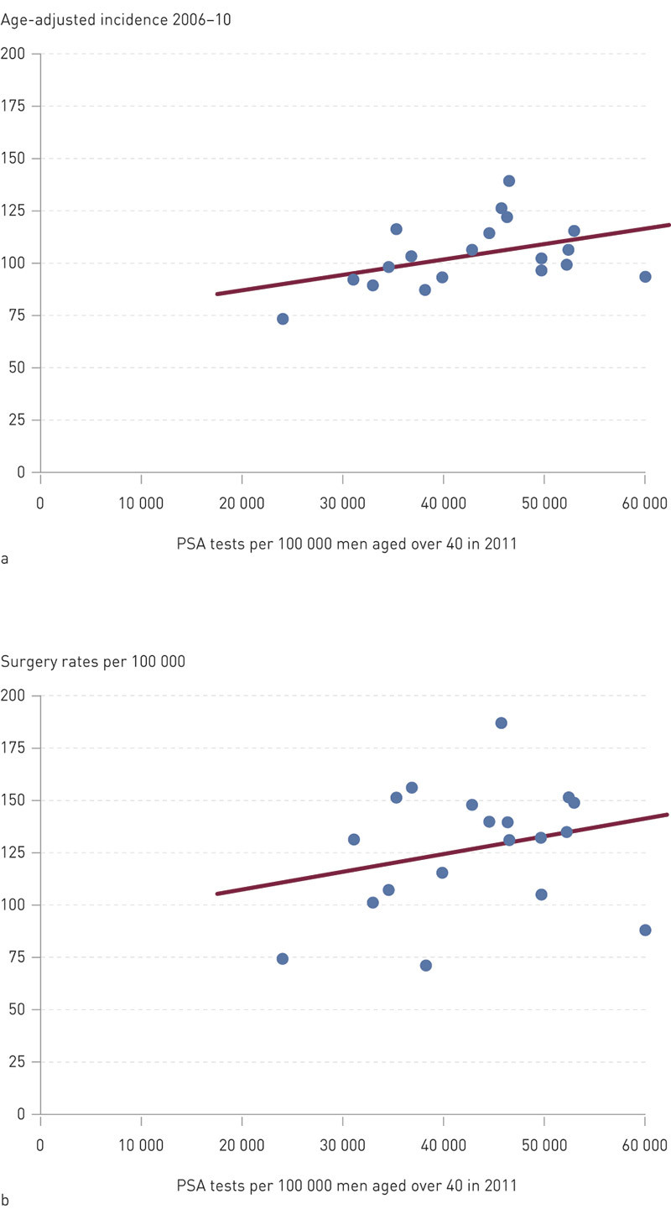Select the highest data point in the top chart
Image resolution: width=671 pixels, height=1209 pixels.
click(x=508, y=181)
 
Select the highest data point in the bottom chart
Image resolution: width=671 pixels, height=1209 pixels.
click(x=501, y=723)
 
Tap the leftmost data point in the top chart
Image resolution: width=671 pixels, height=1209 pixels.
click(x=283, y=319)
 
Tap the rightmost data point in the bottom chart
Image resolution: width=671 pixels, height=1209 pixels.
click(x=645, y=930)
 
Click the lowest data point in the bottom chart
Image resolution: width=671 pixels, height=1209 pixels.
click(x=425, y=966)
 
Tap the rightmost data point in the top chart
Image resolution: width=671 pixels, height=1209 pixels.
click(x=645, y=277)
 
